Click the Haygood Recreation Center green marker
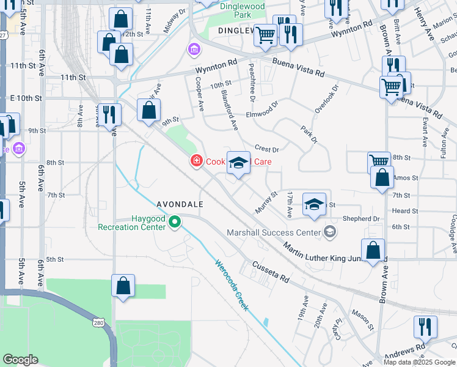pos(175,221)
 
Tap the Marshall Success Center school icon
pos(330,231)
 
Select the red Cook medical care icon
pos(197,161)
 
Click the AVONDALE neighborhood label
pos(180,204)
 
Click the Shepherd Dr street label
pos(361,218)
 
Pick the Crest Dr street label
pos(267,149)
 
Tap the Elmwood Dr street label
pos(261,108)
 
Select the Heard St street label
pos(405,211)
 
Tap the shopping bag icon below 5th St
pos(123,286)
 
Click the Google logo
pos(20,360)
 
